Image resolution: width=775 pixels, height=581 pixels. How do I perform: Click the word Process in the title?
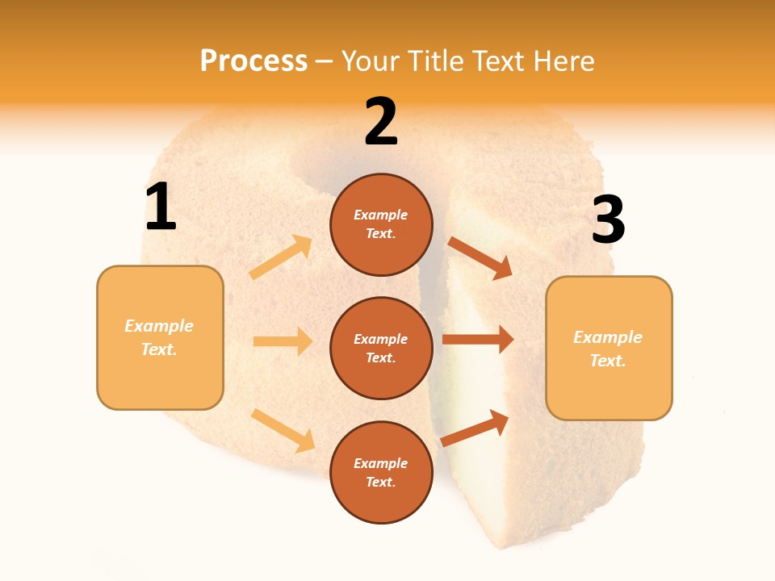click(253, 61)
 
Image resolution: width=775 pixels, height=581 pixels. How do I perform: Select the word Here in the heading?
click(562, 61)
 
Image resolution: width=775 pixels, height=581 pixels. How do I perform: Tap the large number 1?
click(161, 207)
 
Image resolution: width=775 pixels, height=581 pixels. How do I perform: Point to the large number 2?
click(381, 122)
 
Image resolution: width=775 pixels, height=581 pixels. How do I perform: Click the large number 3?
click(608, 220)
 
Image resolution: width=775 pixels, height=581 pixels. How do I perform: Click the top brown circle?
click(381, 224)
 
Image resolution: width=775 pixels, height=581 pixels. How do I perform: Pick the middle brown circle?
click(381, 348)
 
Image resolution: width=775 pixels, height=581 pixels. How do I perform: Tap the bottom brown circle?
click(381, 472)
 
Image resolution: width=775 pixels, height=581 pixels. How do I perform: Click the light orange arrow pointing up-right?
click(281, 257)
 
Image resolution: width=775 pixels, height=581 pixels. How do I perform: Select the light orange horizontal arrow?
click(283, 341)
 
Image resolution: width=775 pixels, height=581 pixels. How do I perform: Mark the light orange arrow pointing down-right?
click(283, 430)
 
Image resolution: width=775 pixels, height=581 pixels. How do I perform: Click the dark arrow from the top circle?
click(480, 258)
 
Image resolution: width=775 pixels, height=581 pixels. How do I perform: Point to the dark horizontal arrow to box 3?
click(478, 340)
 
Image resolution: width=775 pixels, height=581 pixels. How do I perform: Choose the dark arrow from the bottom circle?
click(475, 428)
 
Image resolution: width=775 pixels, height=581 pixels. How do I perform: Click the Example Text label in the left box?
click(159, 337)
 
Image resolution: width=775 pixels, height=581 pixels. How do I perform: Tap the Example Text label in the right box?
click(608, 349)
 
